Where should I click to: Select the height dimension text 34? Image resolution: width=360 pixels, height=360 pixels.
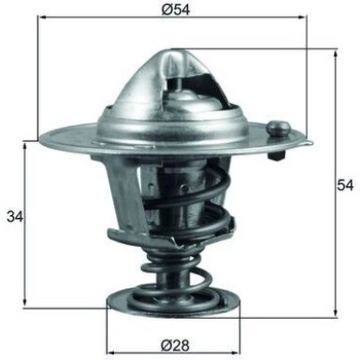pyautogui.click(x=13, y=218)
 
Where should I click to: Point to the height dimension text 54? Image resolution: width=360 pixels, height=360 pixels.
pyautogui.click(x=345, y=185)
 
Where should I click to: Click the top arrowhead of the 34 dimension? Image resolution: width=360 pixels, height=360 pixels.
pyautogui.click(x=26, y=145)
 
